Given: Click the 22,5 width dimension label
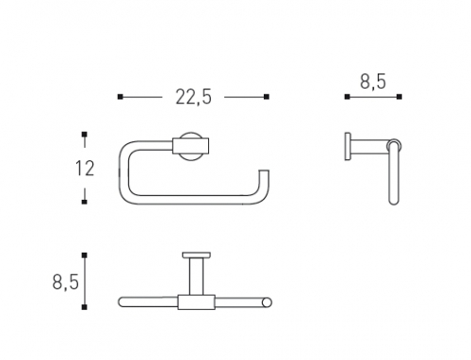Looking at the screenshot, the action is coord(193,97).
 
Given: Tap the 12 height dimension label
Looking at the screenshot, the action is coord(85,168).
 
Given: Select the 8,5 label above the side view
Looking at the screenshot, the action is coord(373,82).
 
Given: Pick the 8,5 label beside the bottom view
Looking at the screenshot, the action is coord(65,282).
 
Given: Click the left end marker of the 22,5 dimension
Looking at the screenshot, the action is coord(121,97).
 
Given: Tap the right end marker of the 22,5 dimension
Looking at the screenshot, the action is coord(267,97).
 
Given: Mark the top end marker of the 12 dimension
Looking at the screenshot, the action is coord(84,135).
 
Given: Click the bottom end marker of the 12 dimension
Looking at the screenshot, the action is coord(84,202).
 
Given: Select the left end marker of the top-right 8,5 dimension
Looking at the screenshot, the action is coord(347,97).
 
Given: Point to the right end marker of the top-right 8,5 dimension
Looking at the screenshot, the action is coord(399,97).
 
